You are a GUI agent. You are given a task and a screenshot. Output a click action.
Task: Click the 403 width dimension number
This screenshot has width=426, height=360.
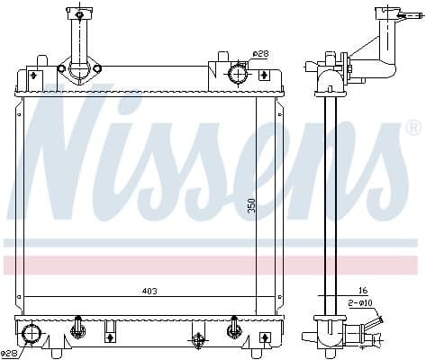point(147,291)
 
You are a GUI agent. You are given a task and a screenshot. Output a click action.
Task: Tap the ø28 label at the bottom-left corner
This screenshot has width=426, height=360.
point(10,354)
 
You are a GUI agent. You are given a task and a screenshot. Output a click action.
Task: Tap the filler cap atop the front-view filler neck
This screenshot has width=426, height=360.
point(79,13)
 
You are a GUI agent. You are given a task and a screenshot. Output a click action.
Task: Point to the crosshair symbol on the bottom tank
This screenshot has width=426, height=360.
point(197,340)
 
